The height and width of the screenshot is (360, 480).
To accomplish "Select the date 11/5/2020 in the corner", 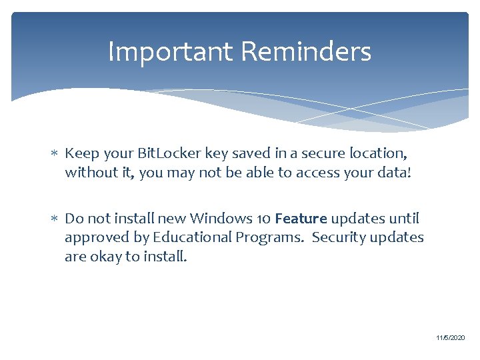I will [x=451, y=339].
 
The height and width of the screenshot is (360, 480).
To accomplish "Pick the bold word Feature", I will [x=301, y=218].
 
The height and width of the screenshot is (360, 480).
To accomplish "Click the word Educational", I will [x=191, y=237].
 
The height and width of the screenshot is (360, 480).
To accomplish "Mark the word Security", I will [x=338, y=237].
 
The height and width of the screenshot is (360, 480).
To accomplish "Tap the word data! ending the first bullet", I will [x=395, y=173].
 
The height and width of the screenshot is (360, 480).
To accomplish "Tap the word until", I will [x=405, y=218].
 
